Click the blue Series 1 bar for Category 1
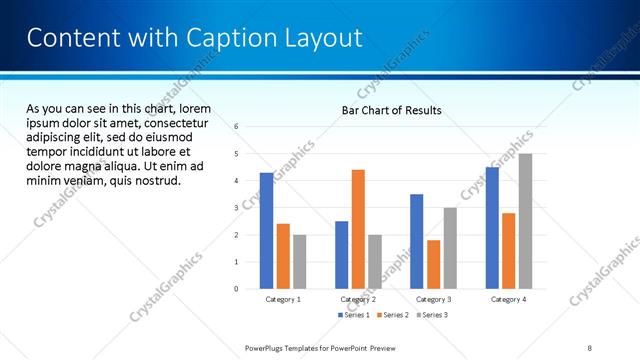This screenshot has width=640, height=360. pos(266,230)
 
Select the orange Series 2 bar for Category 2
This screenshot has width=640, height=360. pos(358,229)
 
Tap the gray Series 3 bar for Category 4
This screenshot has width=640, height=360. pos(525,221)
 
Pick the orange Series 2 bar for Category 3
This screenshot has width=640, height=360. pos(433,264)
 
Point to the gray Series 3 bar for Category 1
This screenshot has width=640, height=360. pos(300,261)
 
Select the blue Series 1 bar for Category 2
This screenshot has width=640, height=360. pos(341,255)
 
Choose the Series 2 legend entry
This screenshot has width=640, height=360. pos(391,315)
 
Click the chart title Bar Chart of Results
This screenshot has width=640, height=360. pos(391,110)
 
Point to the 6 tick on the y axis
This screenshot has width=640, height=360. pos(236,127)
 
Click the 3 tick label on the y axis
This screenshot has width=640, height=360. pos(236,208)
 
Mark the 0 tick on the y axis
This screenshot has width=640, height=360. pos(236,289)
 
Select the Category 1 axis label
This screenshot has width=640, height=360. pos(283,299)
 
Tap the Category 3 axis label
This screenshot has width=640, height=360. pos(433,299)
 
